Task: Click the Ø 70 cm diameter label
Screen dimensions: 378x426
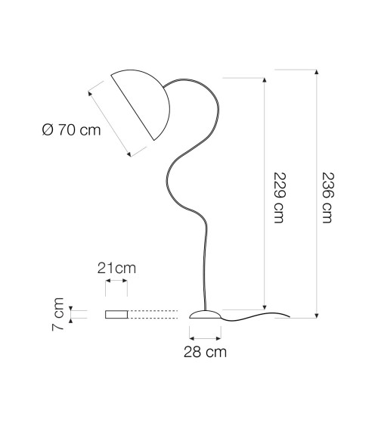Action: point(72,130)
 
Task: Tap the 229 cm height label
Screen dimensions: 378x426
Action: point(279,197)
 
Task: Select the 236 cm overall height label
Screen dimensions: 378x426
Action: point(327,197)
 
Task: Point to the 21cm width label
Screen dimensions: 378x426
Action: point(116,268)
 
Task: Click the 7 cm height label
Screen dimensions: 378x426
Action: point(57,314)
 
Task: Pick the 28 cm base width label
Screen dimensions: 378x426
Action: point(205,352)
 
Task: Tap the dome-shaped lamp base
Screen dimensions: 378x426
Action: point(205,314)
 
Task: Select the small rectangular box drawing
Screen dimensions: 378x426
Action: point(116,314)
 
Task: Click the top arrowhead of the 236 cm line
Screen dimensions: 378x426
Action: point(317,72)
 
